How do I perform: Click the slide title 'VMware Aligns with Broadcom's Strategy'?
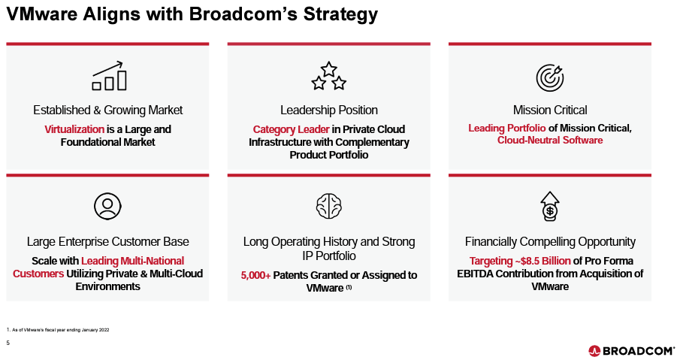point(192,14)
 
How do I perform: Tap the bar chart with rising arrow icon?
point(109,77)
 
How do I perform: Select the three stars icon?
point(328,77)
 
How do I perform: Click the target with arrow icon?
point(549,77)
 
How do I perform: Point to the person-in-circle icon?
point(107,206)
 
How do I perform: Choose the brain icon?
point(328,206)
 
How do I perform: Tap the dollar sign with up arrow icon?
point(550,205)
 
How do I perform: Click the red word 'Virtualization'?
point(74,129)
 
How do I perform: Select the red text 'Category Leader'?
point(291,129)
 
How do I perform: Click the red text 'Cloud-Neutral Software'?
point(549,141)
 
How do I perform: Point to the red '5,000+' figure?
point(255,275)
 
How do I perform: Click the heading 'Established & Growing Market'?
point(107,110)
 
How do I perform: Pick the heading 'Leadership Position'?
point(328,110)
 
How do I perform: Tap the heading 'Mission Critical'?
point(549,110)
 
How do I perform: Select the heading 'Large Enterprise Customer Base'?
point(107,241)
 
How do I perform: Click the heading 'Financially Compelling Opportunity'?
point(549,241)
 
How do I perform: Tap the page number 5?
point(8,343)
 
